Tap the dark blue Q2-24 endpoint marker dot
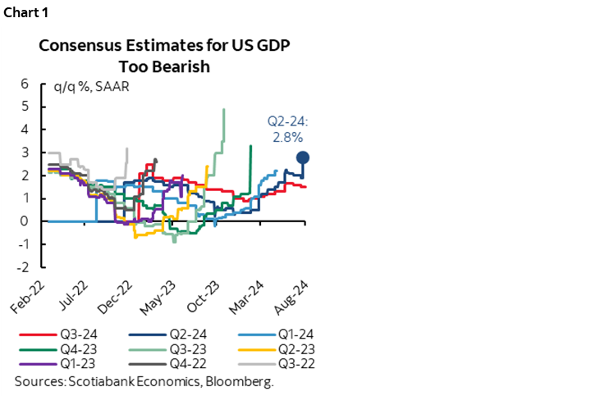coord(303,157)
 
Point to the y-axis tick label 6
coord(25,84)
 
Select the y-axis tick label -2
coord(24,267)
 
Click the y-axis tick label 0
coord(25,221)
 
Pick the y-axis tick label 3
coord(25,152)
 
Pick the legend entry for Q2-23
coord(276,350)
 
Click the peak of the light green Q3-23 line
coord(224,109)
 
